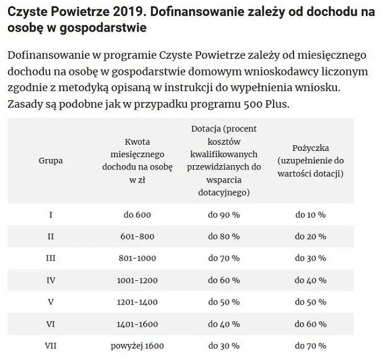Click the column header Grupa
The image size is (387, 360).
(51, 161)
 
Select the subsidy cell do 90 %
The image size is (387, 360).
(224, 215)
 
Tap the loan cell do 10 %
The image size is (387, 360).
(310, 215)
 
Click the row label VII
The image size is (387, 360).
(51, 346)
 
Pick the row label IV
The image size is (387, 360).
(51, 280)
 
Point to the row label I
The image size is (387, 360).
(51, 215)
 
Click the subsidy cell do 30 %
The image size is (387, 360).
(224, 346)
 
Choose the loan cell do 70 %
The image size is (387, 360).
(310, 346)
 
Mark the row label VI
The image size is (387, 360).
(51, 324)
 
